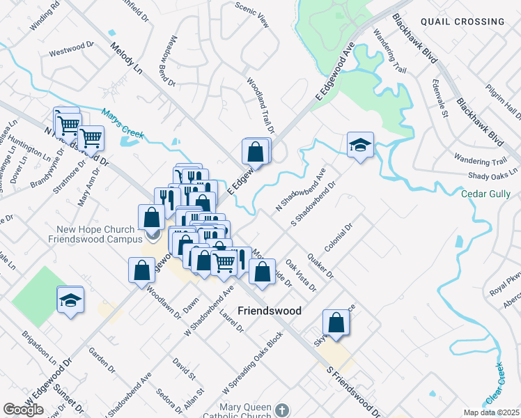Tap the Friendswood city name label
click(270, 311)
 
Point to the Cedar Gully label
click(486, 194)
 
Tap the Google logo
click(23, 410)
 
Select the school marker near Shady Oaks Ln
click(359, 145)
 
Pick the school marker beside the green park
click(71, 300)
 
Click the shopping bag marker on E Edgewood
click(256, 151)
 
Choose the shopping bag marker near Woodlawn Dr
click(141, 270)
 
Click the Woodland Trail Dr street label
click(260, 104)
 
